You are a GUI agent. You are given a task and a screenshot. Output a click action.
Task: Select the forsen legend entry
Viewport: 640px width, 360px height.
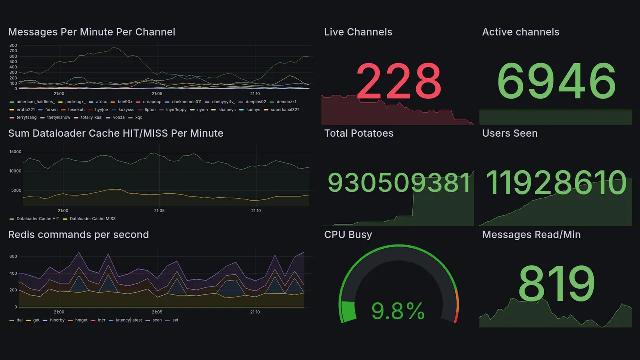click(x=51, y=110)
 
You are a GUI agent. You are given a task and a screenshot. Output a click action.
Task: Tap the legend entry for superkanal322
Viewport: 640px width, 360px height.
click(x=285, y=110)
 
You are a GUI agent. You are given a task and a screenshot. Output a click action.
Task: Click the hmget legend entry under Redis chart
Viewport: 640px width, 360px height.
click(x=81, y=320)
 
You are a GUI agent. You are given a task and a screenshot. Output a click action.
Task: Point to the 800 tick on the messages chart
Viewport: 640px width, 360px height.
click(x=13, y=45)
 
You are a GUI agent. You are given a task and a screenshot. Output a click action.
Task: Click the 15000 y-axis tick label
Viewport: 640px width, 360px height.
click(x=15, y=152)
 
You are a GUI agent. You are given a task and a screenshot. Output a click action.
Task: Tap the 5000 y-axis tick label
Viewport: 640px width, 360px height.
click(x=16, y=190)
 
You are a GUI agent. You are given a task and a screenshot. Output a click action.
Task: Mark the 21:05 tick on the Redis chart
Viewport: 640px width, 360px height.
click(x=157, y=312)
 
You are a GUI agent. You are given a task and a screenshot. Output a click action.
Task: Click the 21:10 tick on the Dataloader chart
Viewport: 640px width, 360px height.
click(x=256, y=211)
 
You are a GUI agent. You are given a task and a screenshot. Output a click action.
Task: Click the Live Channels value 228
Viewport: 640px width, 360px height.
click(x=398, y=81)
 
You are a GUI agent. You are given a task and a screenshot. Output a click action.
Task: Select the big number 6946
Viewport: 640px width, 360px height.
click(x=556, y=81)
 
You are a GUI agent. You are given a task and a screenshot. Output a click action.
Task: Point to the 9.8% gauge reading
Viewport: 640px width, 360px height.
click(x=398, y=311)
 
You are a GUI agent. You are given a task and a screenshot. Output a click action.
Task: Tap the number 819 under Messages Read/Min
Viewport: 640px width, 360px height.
click(x=556, y=284)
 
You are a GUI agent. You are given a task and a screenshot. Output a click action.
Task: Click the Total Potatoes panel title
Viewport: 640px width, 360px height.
click(x=359, y=133)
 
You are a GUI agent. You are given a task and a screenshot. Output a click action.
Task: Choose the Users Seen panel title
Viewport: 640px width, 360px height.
click(x=510, y=133)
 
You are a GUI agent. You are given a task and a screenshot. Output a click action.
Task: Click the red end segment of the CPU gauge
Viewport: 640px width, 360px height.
click(x=455, y=318)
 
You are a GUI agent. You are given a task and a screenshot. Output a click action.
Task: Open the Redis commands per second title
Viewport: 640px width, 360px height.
click(x=78, y=235)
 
